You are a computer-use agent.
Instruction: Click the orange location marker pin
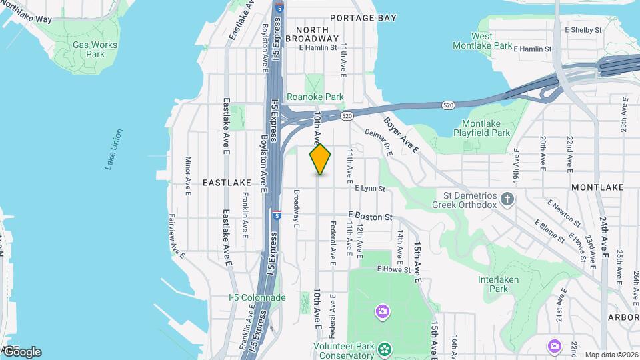pos(321,159)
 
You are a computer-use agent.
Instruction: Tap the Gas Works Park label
pos(95,49)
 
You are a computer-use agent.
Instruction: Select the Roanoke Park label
pos(315,97)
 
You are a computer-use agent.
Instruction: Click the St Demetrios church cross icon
pos(508,198)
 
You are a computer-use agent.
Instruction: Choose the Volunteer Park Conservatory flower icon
pos(385,348)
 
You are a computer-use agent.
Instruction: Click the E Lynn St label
pos(370,189)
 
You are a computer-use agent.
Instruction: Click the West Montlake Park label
pos(483,41)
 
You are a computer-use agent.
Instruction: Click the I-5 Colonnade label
pos(257,297)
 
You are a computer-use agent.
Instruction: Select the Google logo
pos(21,351)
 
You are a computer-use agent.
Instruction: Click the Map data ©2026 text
pos(611,355)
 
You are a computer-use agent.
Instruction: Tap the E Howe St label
pos(392,269)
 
